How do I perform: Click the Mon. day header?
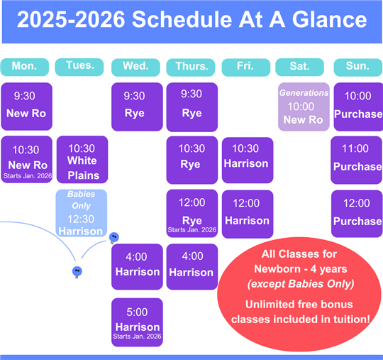25,67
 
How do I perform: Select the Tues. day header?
79,67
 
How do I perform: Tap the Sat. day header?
300,67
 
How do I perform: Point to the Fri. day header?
246,67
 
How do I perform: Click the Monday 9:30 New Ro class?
27,107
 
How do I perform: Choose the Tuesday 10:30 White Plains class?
82,160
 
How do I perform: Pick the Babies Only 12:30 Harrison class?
82,213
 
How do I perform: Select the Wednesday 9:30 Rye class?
137,107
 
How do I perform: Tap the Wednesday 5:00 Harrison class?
137,322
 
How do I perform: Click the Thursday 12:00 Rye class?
192,214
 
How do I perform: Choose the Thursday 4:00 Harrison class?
192,266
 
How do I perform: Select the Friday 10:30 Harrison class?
248,160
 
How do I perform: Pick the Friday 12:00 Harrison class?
248,214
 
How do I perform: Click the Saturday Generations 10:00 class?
304,107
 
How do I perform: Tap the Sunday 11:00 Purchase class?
356,160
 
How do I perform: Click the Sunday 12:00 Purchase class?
357,214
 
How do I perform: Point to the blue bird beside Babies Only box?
113,237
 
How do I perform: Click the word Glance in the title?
330,20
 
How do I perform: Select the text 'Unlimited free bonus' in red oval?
299,305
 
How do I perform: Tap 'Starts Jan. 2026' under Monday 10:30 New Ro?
28,176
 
